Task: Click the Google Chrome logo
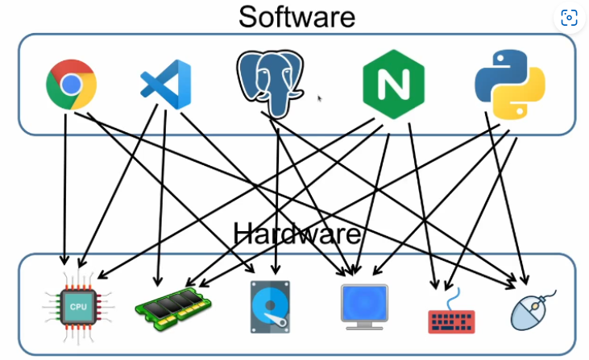point(71,84)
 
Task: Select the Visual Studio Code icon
point(165,84)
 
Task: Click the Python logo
point(509,84)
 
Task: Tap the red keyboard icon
point(451,313)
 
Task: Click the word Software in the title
point(297,16)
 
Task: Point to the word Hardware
point(297,234)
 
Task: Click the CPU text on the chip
point(78,307)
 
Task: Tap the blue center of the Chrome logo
point(71,84)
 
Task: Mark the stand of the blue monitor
point(363,324)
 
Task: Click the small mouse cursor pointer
point(320,98)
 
